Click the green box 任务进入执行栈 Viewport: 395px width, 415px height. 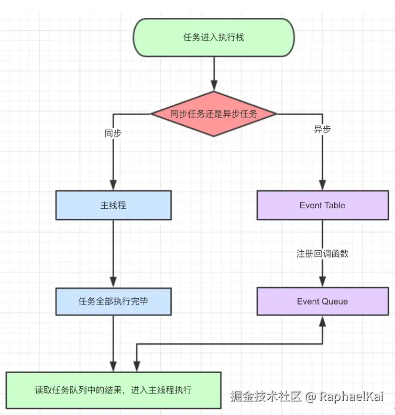[x=214, y=37]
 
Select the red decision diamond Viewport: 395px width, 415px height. [x=214, y=114]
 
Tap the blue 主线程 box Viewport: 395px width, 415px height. [x=113, y=205]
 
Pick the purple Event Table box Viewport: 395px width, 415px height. [x=323, y=205]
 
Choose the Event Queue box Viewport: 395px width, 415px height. [x=323, y=301]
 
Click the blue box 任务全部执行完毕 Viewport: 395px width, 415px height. [x=113, y=301]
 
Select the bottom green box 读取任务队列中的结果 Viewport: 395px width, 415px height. [x=113, y=390]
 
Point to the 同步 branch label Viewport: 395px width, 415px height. [x=113, y=133]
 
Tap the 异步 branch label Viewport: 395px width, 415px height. [x=322, y=129]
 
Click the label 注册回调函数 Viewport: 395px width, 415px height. [x=322, y=253]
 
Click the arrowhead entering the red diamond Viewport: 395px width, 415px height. [x=214, y=86]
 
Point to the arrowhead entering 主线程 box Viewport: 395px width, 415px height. [x=113, y=185]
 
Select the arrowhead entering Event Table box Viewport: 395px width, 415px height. [x=322, y=185]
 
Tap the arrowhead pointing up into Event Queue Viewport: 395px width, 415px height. [x=322, y=321]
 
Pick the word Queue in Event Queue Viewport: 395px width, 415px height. [x=335, y=301]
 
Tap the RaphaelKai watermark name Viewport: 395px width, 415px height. [x=352, y=396]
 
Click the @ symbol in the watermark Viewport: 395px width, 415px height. [x=310, y=397]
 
